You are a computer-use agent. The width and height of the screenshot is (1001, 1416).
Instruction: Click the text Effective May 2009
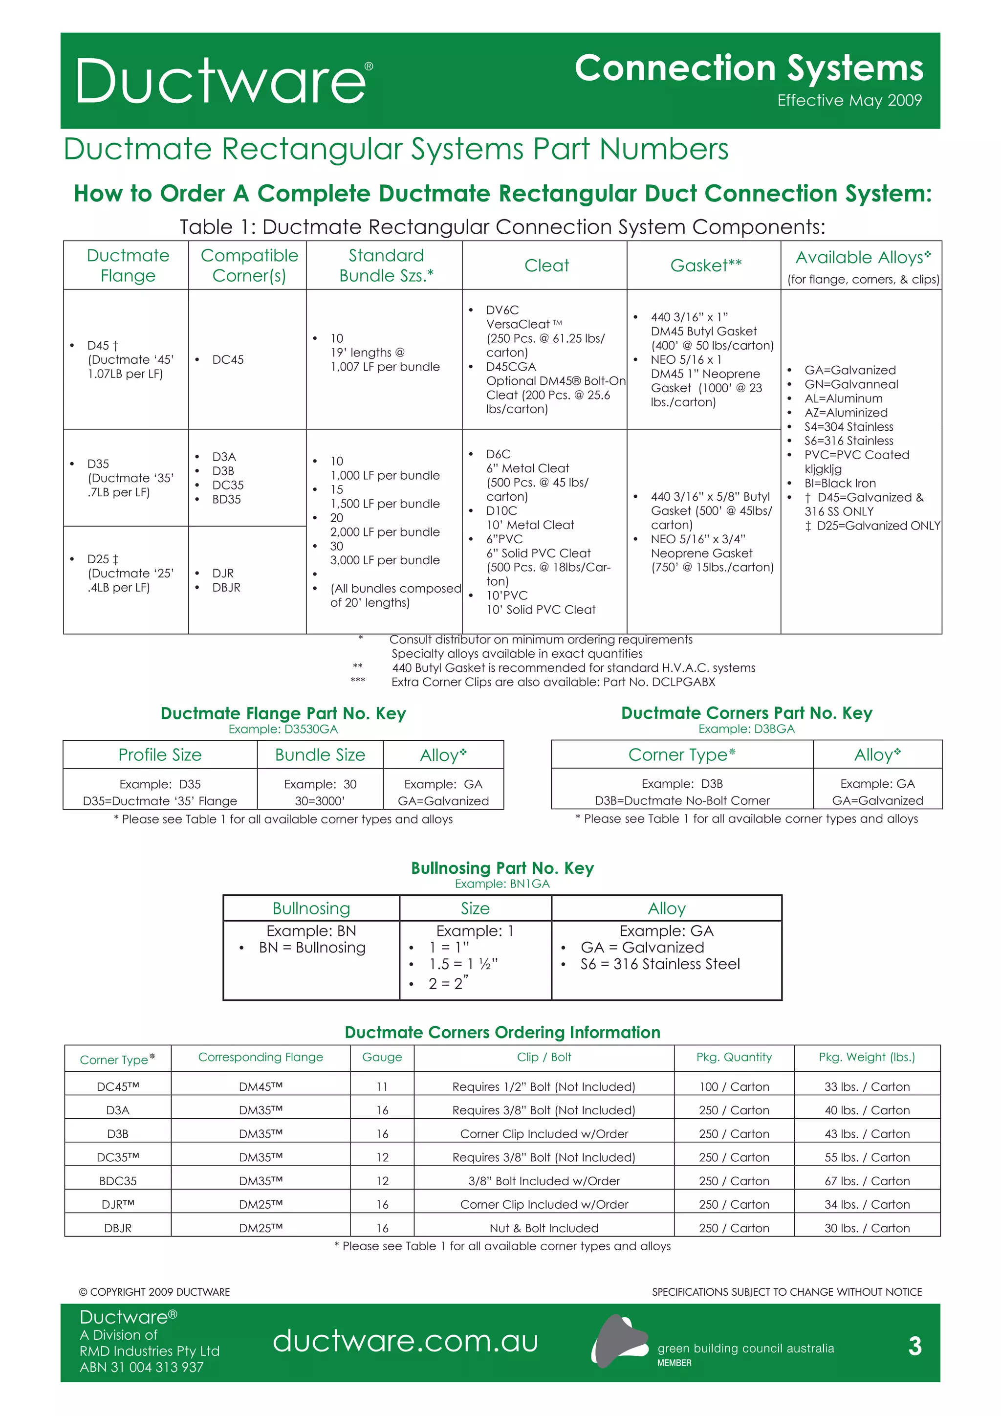pyautogui.click(x=849, y=101)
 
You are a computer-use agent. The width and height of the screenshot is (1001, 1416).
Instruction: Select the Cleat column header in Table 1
pyautogui.click(x=546, y=266)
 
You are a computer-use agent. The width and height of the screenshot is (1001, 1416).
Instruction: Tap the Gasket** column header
pyautogui.click(x=706, y=266)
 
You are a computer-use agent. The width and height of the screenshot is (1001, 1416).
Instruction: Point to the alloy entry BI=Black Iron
pyautogui.click(x=840, y=484)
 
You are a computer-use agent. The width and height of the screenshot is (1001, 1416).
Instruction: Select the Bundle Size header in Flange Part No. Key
pyautogui.click(x=320, y=755)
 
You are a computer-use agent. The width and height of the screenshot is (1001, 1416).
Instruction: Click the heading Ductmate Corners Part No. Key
pyautogui.click(x=746, y=713)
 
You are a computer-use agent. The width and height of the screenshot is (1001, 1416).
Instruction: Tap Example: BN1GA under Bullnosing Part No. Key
pyautogui.click(x=502, y=884)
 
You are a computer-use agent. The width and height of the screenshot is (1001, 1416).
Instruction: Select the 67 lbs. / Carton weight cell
pyautogui.click(x=867, y=1181)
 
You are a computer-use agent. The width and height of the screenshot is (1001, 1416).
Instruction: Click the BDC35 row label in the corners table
pyautogui.click(x=118, y=1181)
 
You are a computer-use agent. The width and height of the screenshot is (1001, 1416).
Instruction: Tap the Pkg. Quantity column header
pyautogui.click(x=734, y=1058)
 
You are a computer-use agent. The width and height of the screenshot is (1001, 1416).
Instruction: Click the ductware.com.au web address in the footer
pyautogui.click(x=405, y=1341)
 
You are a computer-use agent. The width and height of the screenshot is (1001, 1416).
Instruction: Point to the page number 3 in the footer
pyautogui.click(x=914, y=1346)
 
